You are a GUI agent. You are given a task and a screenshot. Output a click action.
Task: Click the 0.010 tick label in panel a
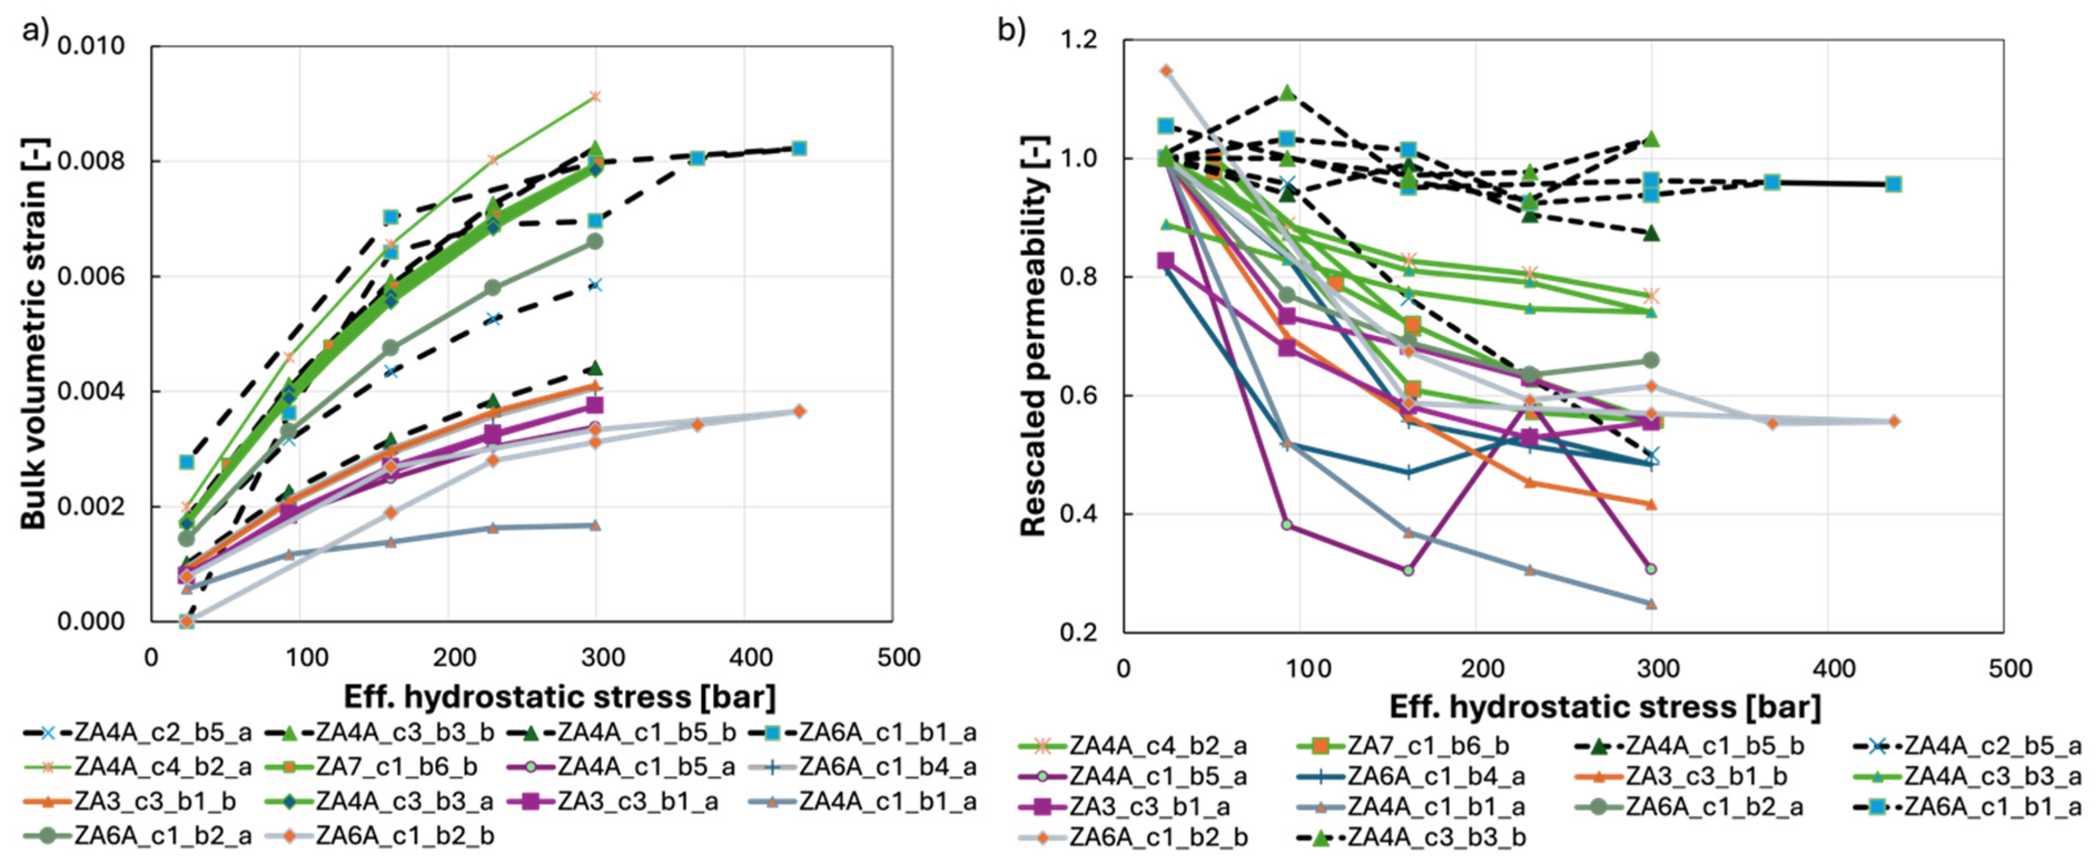[91, 46]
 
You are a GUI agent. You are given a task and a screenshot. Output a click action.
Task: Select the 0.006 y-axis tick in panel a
[91, 276]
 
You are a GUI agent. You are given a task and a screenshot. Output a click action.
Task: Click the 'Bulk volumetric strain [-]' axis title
[34, 334]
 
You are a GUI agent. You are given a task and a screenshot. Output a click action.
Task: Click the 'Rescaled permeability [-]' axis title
[1034, 335]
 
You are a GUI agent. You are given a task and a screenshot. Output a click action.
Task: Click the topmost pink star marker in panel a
[595, 97]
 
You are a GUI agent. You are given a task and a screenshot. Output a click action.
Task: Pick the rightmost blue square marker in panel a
[799, 148]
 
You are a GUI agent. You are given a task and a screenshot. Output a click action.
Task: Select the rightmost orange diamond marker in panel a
[799, 412]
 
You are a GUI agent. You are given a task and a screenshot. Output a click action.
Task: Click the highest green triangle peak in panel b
[1287, 93]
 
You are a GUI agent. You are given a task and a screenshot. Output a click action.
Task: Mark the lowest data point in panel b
[1651, 603]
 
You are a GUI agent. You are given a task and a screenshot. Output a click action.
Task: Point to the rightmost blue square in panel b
[1894, 184]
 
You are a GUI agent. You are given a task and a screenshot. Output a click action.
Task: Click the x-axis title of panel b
[1605, 707]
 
